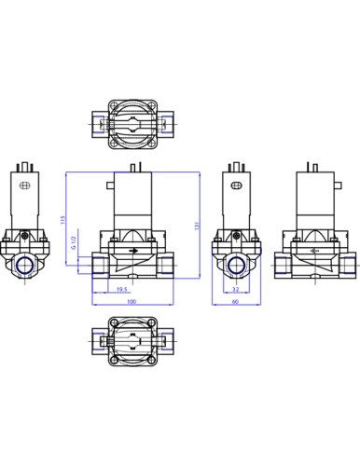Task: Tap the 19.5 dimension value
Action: pos(122,289)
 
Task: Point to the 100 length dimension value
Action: pos(132,301)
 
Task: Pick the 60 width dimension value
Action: pos(236,301)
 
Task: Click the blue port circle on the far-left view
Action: pos(25,264)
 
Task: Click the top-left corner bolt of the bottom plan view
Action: pos(114,332)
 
